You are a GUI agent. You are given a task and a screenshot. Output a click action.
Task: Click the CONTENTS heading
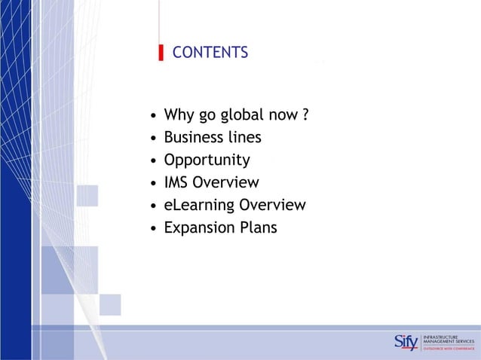(210, 53)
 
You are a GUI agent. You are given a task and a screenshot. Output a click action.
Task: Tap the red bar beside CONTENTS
(161, 53)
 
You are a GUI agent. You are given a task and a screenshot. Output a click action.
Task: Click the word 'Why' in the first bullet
(179, 115)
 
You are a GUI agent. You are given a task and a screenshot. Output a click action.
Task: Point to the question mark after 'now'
(305, 115)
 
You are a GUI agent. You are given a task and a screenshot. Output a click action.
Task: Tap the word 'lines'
(245, 138)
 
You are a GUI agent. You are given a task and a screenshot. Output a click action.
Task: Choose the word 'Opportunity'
(207, 160)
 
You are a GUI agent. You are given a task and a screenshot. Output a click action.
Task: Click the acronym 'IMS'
(176, 182)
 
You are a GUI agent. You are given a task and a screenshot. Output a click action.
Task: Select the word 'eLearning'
(199, 206)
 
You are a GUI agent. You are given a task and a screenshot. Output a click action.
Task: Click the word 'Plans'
(259, 227)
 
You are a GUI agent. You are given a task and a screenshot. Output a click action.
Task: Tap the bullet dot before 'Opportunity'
(154, 161)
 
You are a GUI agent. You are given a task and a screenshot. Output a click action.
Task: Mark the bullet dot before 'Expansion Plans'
(154, 228)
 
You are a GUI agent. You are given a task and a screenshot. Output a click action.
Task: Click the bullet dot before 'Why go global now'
(154, 117)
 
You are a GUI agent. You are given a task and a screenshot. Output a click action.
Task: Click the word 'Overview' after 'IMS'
(225, 182)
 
